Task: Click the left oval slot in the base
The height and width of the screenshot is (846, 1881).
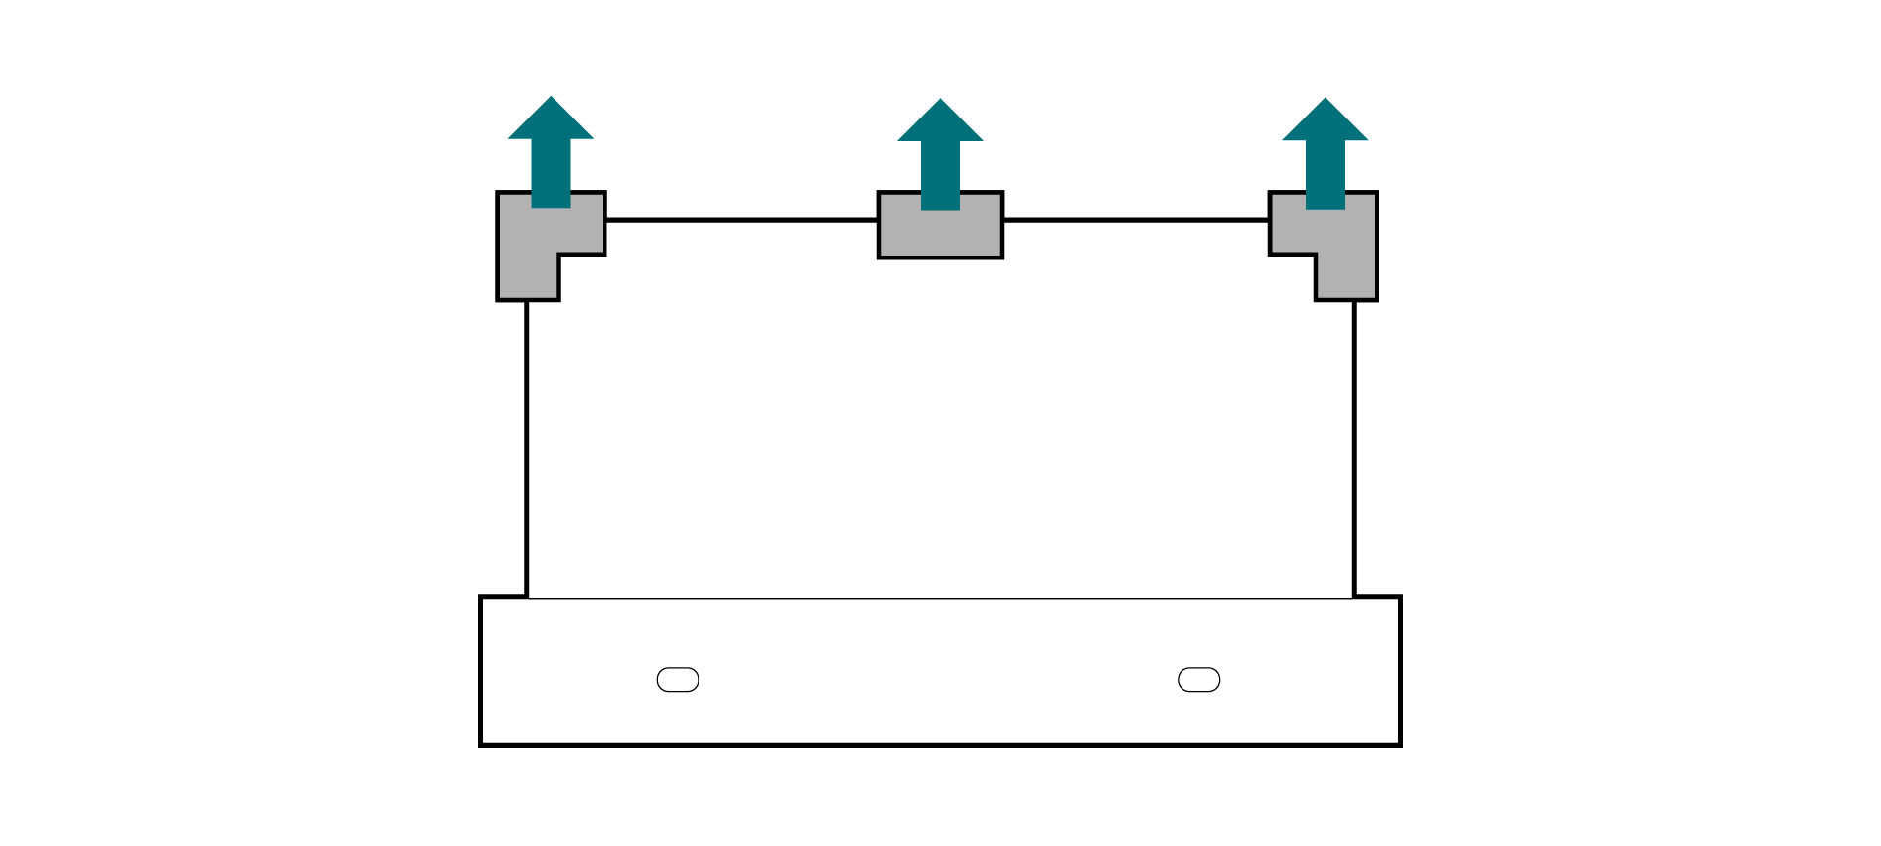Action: [x=678, y=680]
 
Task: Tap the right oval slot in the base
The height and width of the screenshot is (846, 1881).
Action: [x=1198, y=680]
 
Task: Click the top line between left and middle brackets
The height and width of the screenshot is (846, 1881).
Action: [x=742, y=220]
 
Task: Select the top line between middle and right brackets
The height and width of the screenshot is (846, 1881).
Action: [x=1136, y=220]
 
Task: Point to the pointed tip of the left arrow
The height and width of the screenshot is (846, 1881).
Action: [x=551, y=98]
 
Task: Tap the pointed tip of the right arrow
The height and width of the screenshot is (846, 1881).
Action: [x=1326, y=99]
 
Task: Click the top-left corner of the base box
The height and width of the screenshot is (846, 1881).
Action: [x=481, y=597]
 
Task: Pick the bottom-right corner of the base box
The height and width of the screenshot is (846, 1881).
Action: [x=1400, y=744]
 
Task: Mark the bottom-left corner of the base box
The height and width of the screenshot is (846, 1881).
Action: [x=481, y=744]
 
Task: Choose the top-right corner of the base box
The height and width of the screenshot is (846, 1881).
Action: [x=1400, y=597]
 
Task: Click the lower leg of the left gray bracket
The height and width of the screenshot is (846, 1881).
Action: [x=528, y=278]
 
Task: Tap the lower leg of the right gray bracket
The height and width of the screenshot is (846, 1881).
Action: [x=1347, y=278]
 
